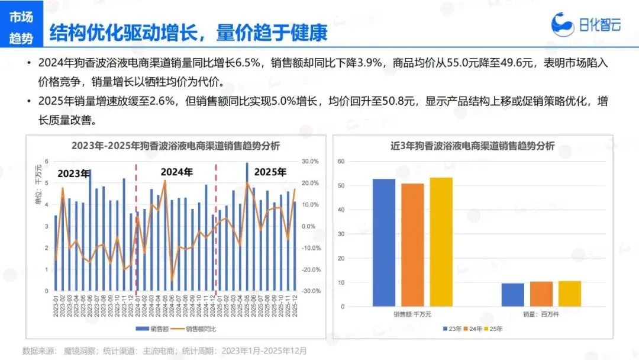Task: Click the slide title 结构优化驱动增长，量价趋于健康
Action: pos(188,33)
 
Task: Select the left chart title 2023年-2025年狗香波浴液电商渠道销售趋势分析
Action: pos(176,146)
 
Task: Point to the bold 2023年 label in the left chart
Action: pos(73,173)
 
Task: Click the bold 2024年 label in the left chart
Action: pos(177,172)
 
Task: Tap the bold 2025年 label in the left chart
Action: pos(270,172)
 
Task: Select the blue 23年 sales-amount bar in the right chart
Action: pos(384,242)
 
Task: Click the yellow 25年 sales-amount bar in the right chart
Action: pos(441,242)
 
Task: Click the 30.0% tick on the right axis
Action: pos(310,161)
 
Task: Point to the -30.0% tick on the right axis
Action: pos(309,291)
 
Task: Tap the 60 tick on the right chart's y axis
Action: pos(341,161)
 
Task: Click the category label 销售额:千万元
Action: pos(412,314)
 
